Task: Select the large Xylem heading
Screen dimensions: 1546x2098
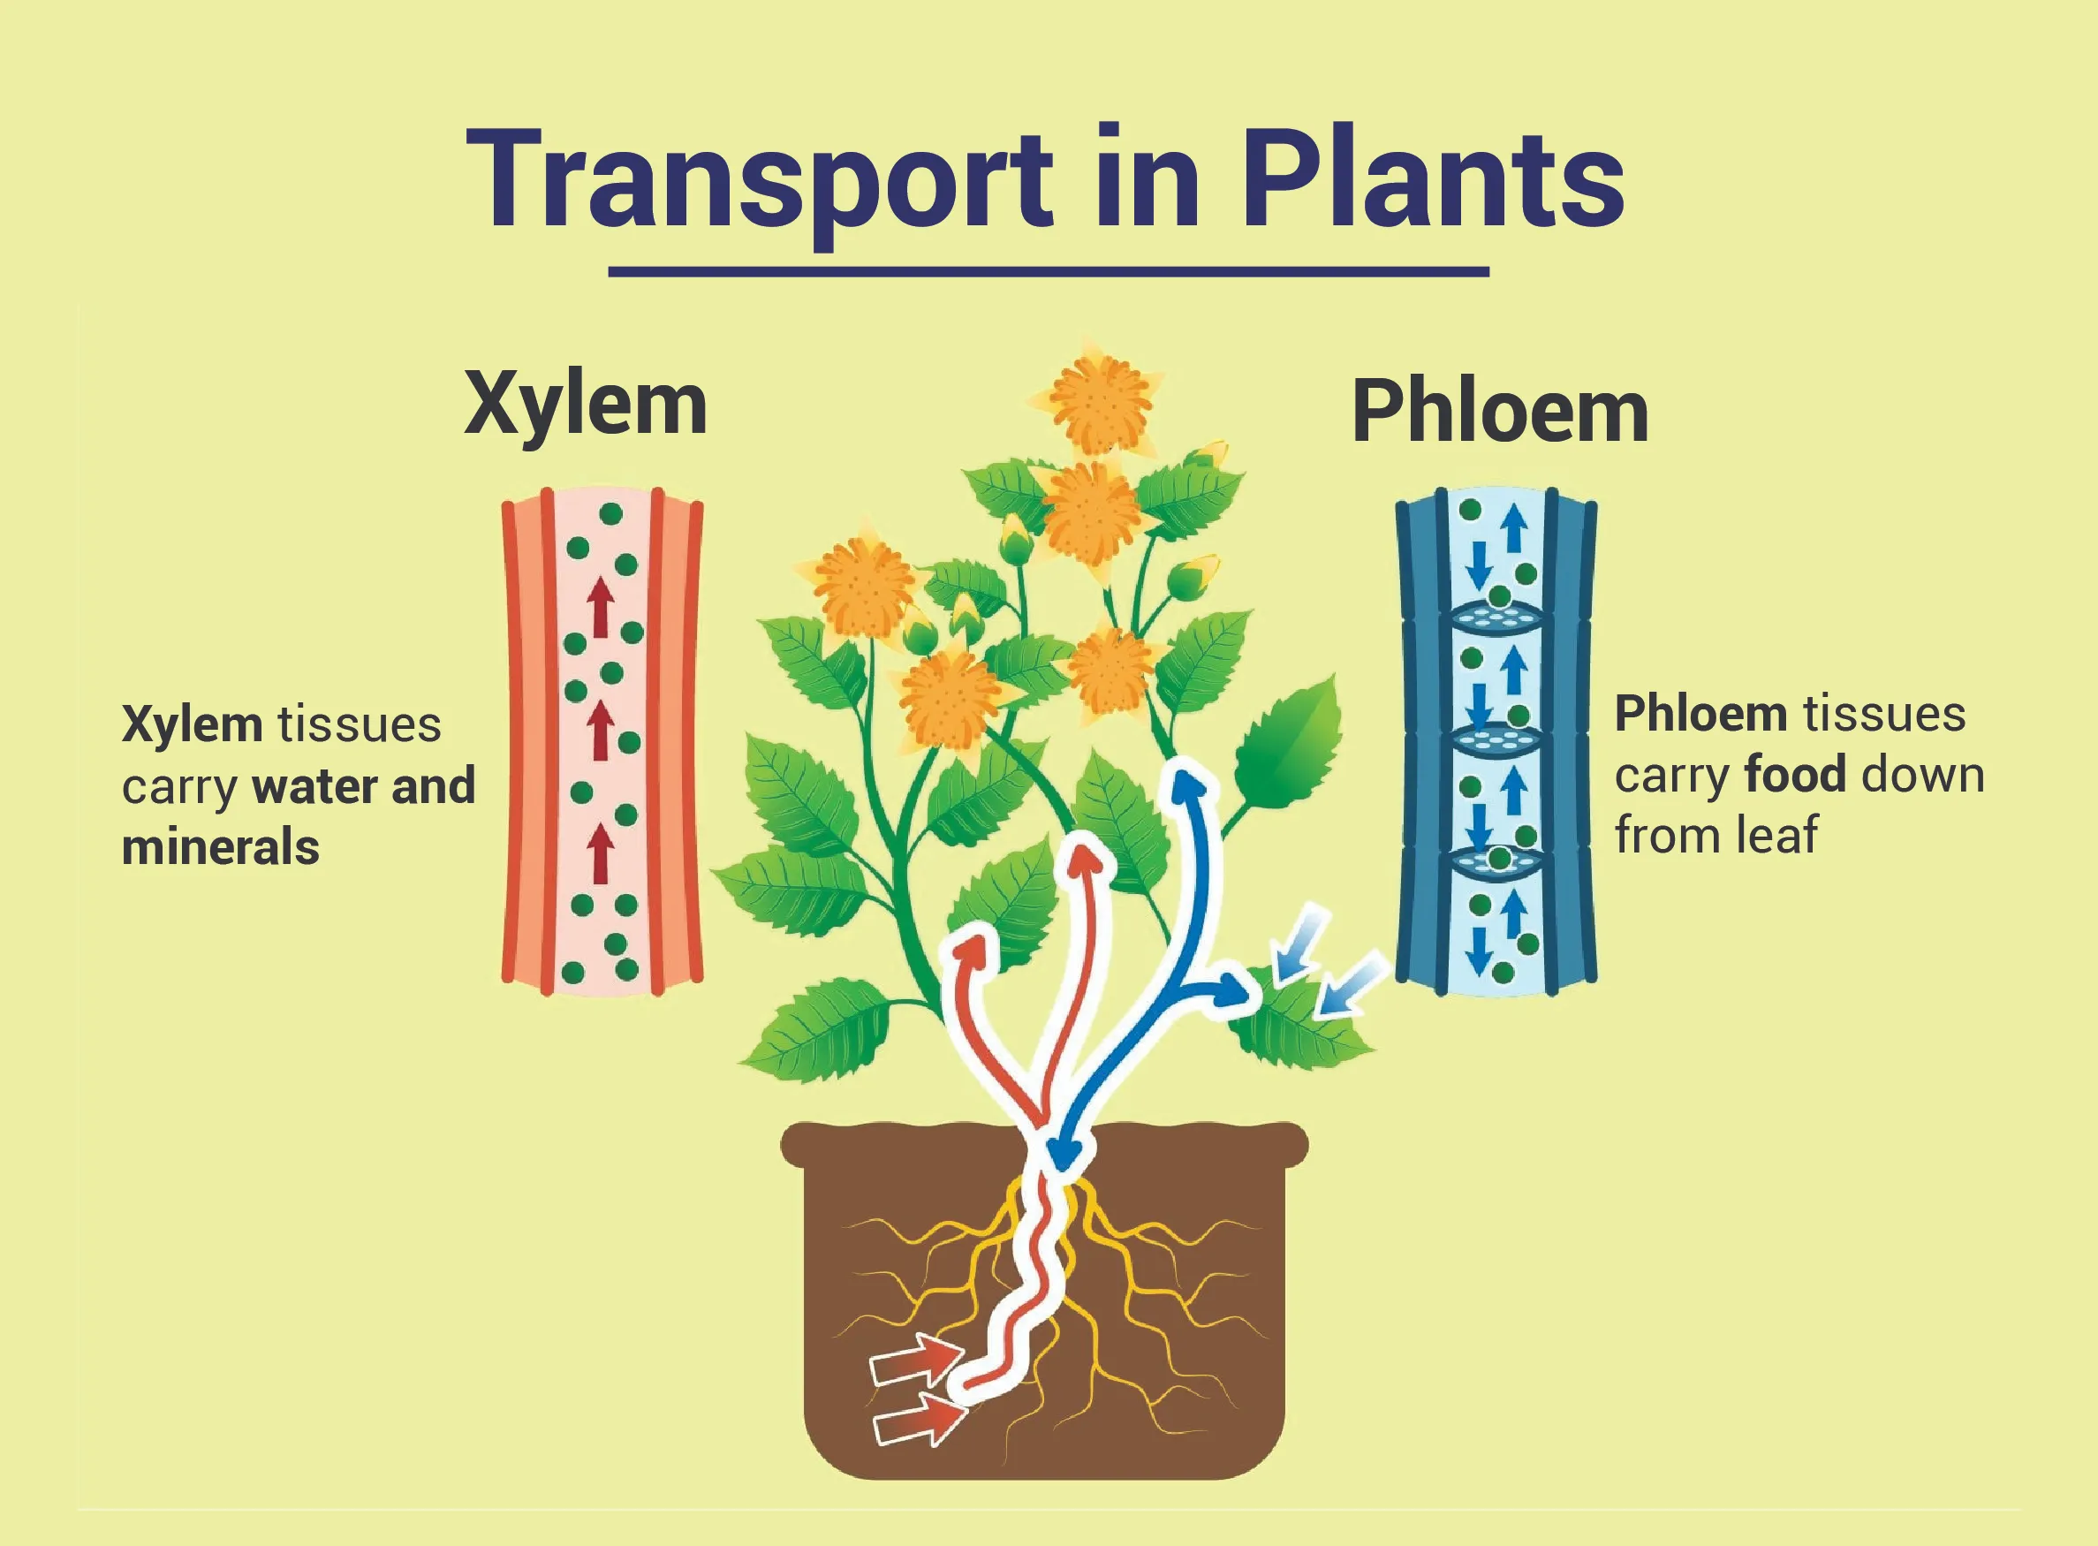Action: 586,405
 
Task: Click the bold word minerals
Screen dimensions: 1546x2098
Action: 221,848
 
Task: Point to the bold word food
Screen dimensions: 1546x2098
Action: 1796,776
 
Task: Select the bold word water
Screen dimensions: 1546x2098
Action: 314,786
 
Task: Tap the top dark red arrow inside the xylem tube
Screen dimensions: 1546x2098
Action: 601,606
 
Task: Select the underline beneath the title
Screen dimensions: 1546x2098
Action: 1048,272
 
